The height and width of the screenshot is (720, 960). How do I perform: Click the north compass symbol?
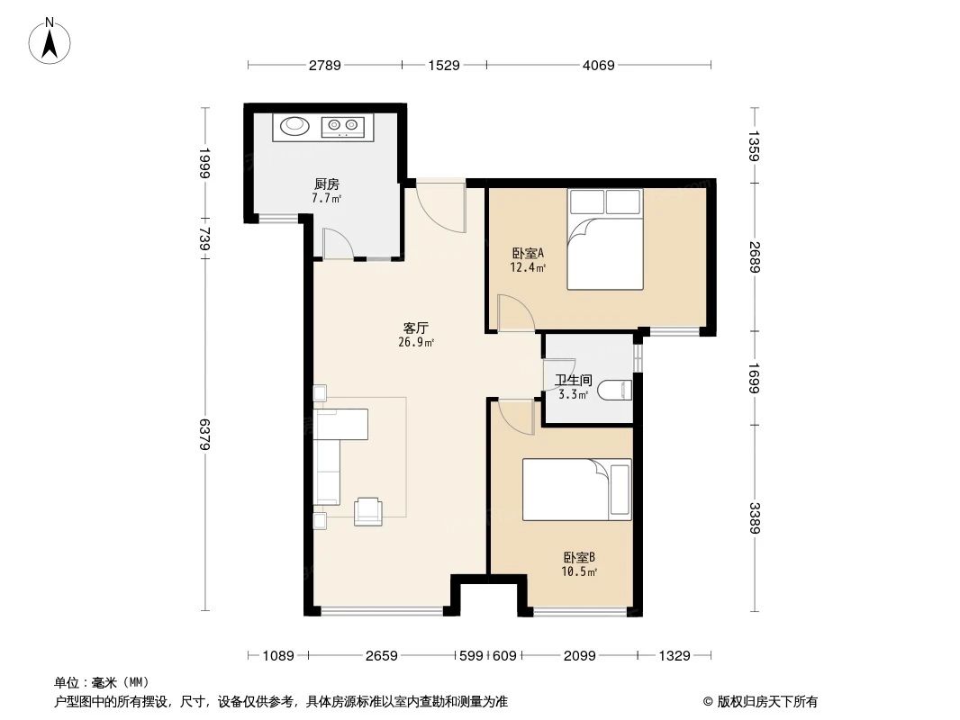click(51, 40)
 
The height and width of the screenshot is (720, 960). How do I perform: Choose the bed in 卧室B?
click(577, 490)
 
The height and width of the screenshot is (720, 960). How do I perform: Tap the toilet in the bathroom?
click(616, 391)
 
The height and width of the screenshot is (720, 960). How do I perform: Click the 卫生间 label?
click(572, 381)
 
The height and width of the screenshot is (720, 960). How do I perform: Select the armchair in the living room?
click(368, 510)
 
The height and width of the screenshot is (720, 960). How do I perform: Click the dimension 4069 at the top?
click(598, 65)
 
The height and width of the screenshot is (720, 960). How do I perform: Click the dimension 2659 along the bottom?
click(382, 656)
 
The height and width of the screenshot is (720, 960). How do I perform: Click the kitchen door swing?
click(336, 242)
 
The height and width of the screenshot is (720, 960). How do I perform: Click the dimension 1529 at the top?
click(444, 65)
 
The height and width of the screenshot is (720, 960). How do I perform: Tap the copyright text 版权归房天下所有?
click(760, 701)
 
